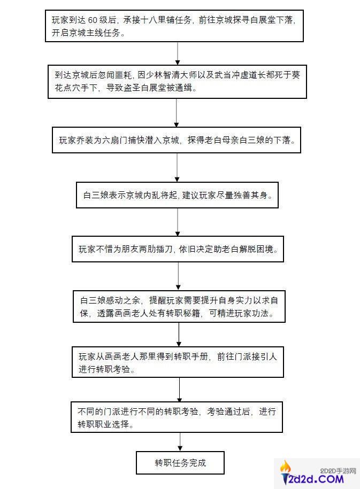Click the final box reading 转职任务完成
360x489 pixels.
(180, 462)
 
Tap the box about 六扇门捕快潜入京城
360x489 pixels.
(177, 141)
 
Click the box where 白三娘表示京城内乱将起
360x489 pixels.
(177, 195)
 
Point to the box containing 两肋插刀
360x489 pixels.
(177, 250)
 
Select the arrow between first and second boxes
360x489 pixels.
(177, 52)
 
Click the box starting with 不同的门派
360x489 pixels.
(177, 418)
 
